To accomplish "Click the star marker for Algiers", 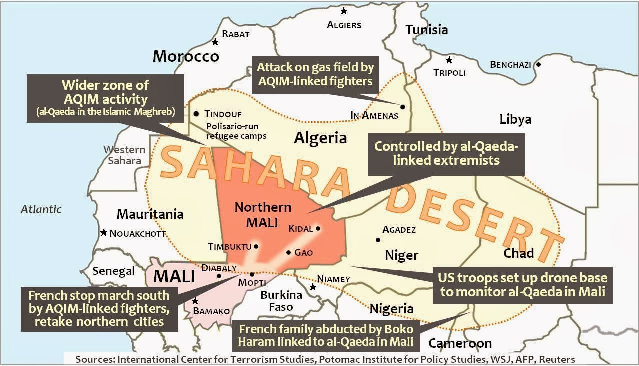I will tap(343, 11).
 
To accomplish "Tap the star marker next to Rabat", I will tap(215, 42).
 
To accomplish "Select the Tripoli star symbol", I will tap(449, 60).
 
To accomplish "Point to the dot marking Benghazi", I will tap(538, 64).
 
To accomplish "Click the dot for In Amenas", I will tap(402, 106).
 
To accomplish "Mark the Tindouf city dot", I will tap(196, 114).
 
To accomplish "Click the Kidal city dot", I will tap(318, 228).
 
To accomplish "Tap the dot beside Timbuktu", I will tap(256, 246).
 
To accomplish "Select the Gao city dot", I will tap(288, 252).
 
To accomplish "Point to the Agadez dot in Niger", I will tap(378, 240).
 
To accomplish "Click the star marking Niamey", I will tap(313, 287).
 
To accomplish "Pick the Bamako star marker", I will tap(195, 301).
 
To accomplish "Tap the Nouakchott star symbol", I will tap(103, 233).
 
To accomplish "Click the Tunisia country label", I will tap(426, 30).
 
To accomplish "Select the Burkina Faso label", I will tap(281, 300).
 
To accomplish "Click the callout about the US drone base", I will tap(523, 285).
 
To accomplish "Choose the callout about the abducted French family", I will tap(326, 336).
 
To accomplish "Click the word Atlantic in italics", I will tap(41, 209).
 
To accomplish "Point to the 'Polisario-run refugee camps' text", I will tap(236, 131).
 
